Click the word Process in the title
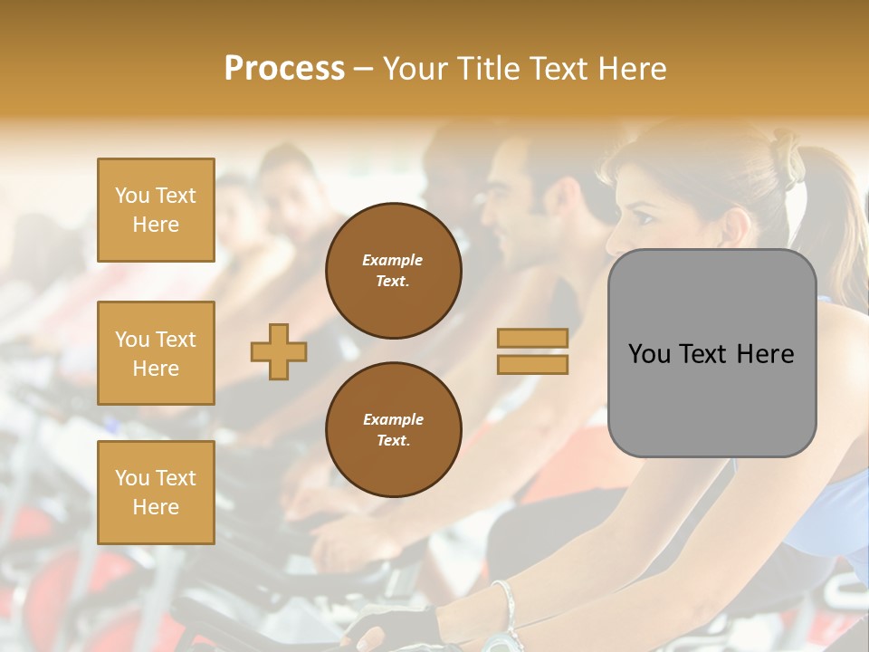pyautogui.click(x=284, y=69)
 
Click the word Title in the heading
pyautogui.click(x=487, y=69)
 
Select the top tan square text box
pyautogui.click(x=156, y=210)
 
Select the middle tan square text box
pyautogui.click(x=156, y=353)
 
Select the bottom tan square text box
pyautogui.click(x=156, y=493)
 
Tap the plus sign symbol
pyautogui.click(x=279, y=351)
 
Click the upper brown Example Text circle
pyautogui.click(x=394, y=271)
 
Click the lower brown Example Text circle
pyautogui.click(x=394, y=430)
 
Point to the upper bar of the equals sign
pyautogui.click(x=532, y=338)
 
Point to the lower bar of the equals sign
pyautogui.click(x=532, y=364)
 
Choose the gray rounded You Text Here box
pyautogui.click(x=711, y=353)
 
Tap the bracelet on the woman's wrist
pyautogui.click(x=503, y=605)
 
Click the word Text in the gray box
pyautogui.click(x=711, y=353)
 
